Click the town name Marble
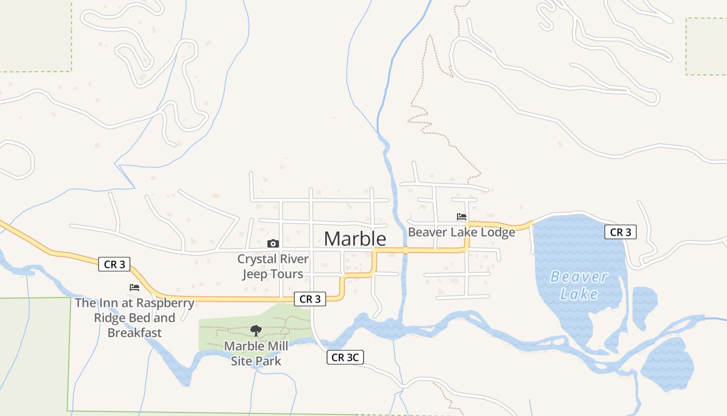[355, 239]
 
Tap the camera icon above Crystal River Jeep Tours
[273, 243]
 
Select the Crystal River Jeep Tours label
[273, 266]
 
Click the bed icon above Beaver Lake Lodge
[461, 217]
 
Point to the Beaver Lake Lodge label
[461, 232]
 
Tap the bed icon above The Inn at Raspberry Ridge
[134, 287]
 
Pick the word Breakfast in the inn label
[134, 333]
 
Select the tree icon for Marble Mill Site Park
[255, 330]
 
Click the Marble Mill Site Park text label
[255, 353]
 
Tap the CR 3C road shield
[345, 357]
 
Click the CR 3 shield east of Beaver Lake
[620, 232]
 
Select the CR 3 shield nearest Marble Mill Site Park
[309, 299]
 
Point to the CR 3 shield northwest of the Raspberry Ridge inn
[114, 264]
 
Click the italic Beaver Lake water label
[578, 285]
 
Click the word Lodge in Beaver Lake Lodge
[498, 232]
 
